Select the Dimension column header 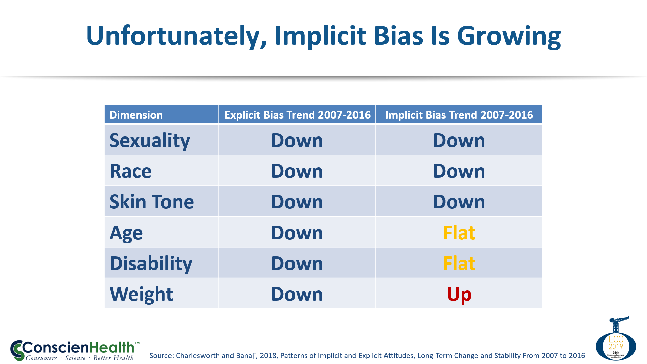[x=136, y=115]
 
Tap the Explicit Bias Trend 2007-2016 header [x=297, y=115]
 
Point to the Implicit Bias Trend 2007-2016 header [x=459, y=115]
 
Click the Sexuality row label [x=150, y=141]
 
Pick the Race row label [x=130, y=171]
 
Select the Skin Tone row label [x=152, y=202]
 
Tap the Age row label [x=126, y=233]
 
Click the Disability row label [x=151, y=264]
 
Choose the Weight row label [x=141, y=294]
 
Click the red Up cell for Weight [x=459, y=294]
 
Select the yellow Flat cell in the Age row [x=459, y=233]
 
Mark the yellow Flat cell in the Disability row [x=459, y=264]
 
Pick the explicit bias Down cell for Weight [x=297, y=294]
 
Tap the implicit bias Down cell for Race [x=459, y=171]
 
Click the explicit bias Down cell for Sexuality [x=297, y=141]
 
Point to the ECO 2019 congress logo [x=616, y=340]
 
